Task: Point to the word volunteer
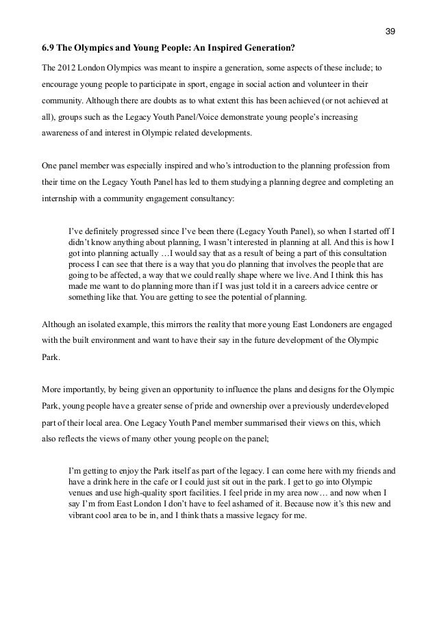pyautogui.click(x=326, y=84)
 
